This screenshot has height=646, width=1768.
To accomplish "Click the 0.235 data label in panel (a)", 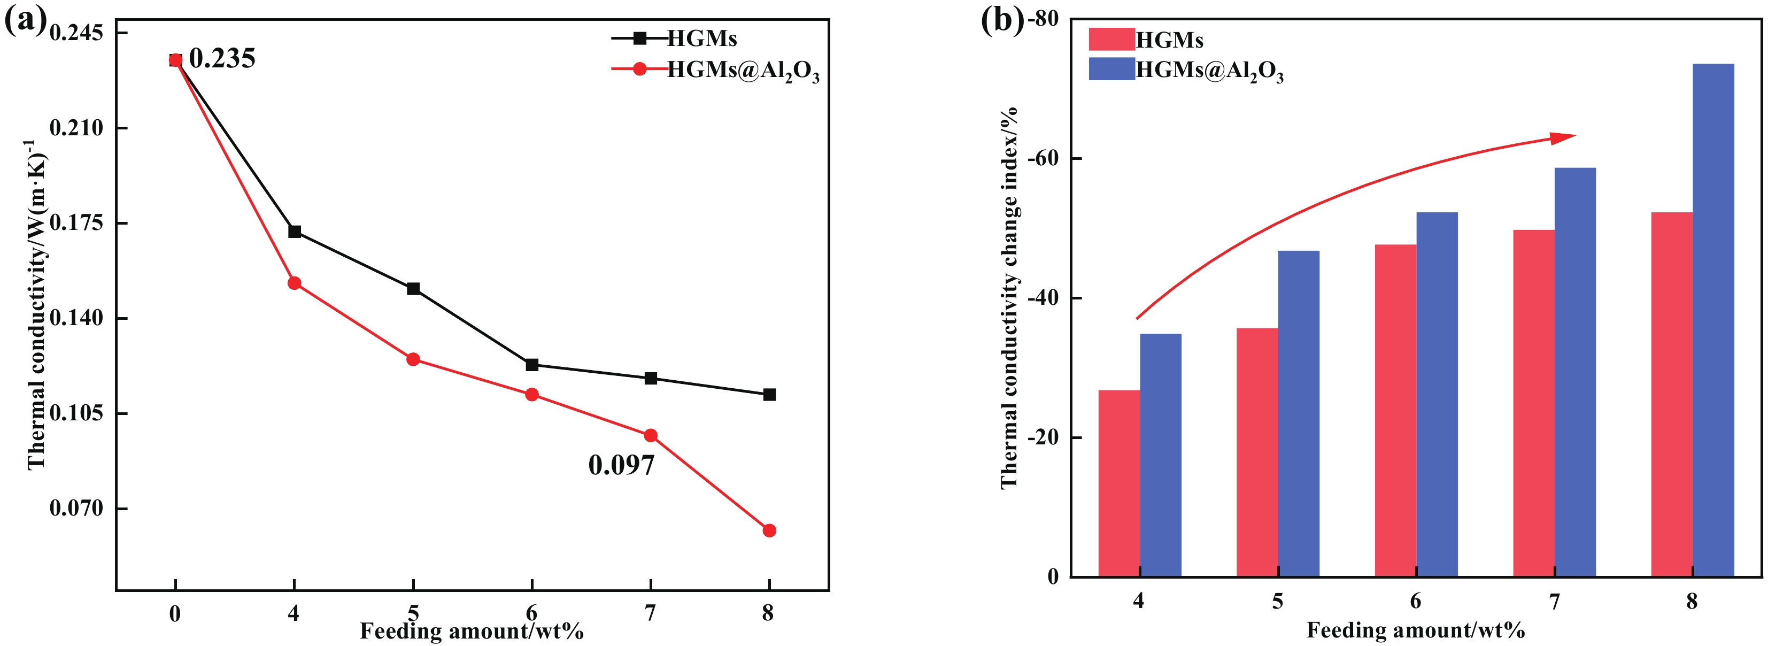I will click(222, 59).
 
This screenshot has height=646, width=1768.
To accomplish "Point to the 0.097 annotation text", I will click(621, 465).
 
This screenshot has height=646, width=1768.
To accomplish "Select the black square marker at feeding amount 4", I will click(295, 232).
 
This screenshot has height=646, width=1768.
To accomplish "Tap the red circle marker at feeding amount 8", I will click(769, 530).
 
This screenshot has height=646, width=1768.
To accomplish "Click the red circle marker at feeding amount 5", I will click(413, 359).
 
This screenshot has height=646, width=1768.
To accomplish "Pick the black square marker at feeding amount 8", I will click(769, 395).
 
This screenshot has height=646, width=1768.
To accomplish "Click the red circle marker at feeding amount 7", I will click(651, 435).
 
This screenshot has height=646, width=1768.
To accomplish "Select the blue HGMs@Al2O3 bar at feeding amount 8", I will click(1713, 320).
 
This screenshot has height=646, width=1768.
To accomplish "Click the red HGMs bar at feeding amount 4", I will click(1120, 483).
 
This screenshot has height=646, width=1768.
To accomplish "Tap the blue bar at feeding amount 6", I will click(1437, 394).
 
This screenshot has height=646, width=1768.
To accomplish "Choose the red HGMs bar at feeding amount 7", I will click(1533, 403).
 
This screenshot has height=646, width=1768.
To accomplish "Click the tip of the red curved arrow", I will click(1574, 135).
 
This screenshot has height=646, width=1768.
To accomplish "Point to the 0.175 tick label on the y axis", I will click(76, 222).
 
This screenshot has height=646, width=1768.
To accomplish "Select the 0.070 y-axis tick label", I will click(76, 508).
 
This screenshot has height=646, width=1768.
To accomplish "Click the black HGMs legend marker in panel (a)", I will click(639, 39).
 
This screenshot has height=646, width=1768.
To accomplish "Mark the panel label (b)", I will click(1001, 21).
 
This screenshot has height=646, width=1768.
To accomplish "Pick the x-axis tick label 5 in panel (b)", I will click(1277, 602).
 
